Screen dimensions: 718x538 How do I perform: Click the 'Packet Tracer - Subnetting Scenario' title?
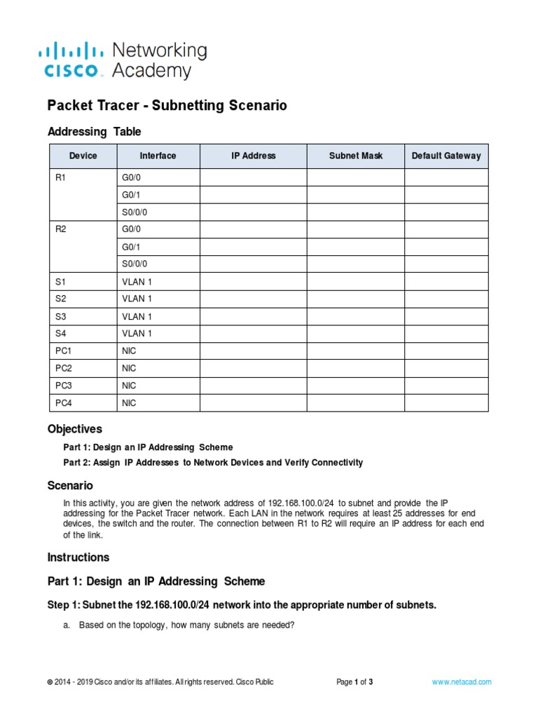click(x=167, y=106)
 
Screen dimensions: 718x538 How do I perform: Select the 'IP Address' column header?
click(x=253, y=156)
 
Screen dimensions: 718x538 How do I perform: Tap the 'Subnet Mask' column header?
click(x=356, y=156)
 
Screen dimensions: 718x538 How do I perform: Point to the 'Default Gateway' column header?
click(x=446, y=156)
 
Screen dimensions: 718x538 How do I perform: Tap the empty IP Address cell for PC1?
click(x=253, y=351)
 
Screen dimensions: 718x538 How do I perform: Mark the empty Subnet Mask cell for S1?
click(x=356, y=282)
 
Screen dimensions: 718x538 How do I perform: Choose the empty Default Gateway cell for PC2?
click(x=446, y=368)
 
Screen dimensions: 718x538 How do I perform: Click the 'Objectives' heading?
click(x=74, y=428)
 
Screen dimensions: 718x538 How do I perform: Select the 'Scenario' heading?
click(x=70, y=485)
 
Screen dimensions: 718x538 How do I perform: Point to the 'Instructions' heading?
click(x=78, y=557)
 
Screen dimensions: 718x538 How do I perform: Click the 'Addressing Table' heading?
click(x=94, y=132)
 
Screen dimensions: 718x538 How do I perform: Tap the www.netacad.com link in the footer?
click(x=462, y=682)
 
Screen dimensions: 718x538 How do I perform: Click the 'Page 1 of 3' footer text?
click(x=354, y=682)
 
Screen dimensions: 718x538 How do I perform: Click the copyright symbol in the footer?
click(x=50, y=682)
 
